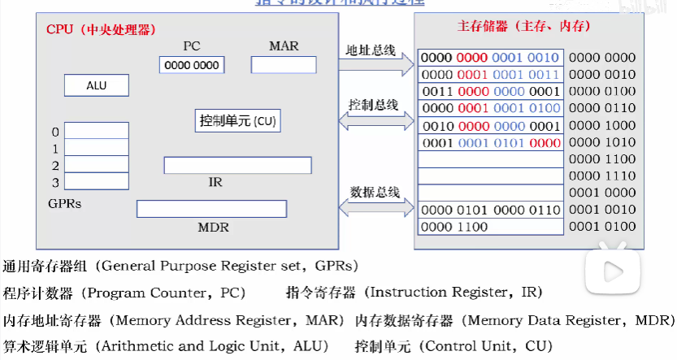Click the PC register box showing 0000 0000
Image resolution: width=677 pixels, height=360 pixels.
192,65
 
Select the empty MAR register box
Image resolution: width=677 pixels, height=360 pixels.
284,65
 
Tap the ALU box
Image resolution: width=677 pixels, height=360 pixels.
96,85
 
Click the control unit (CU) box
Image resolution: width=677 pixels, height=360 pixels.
238,121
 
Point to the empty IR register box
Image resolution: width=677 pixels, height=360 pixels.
237,165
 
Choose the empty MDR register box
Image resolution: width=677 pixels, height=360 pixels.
211,209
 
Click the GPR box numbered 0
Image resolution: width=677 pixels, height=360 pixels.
96,131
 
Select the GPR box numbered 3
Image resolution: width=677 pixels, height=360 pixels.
96,181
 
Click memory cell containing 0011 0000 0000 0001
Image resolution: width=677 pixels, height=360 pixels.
490,91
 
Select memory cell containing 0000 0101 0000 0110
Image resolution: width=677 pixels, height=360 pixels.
490,210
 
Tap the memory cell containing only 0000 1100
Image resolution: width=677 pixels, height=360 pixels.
490,227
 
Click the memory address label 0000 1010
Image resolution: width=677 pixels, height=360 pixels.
602,142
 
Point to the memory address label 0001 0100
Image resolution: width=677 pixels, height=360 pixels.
602,227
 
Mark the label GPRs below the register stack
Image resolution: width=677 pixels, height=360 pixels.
65,203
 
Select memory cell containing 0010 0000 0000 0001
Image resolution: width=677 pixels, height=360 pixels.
490,125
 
